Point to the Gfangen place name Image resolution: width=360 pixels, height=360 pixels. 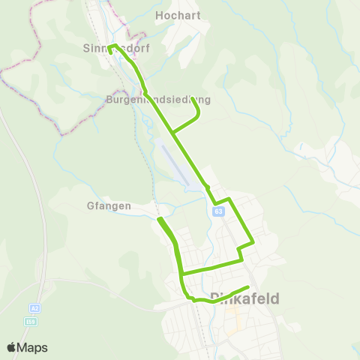point(109,205)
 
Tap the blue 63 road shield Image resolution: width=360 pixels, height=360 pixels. point(217,211)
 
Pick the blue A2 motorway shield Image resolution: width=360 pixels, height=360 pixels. point(34,308)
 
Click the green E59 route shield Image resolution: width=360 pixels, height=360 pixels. point(31,321)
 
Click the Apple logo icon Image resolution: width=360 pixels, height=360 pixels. point(12,347)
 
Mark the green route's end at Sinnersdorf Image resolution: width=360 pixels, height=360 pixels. point(110,52)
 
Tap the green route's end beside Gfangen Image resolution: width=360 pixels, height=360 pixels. point(159,218)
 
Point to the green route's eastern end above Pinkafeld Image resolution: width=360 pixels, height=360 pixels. point(247,288)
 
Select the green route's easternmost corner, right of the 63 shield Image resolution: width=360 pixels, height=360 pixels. point(253,242)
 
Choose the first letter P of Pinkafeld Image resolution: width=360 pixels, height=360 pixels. point(217,298)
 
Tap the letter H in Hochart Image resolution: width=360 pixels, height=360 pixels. point(159,14)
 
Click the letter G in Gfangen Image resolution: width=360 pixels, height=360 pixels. point(91,205)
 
